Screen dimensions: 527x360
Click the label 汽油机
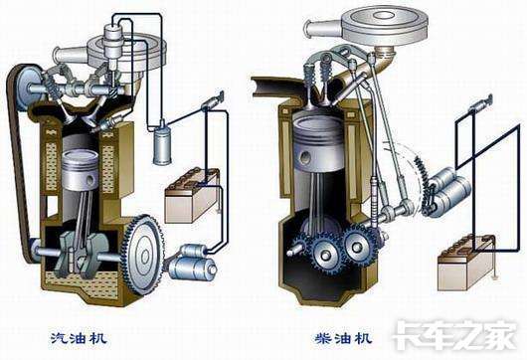[x=79, y=337]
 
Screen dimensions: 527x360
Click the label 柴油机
[x=343, y=337]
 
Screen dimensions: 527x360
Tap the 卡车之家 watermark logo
[x=455, y=335]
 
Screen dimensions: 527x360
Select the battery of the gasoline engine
[x=192, y=196]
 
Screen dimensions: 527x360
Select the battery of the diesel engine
[x=465, y=263]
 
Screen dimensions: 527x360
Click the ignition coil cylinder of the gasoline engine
[x=162, y=144]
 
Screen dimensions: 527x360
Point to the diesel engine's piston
[x=318, y=142]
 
